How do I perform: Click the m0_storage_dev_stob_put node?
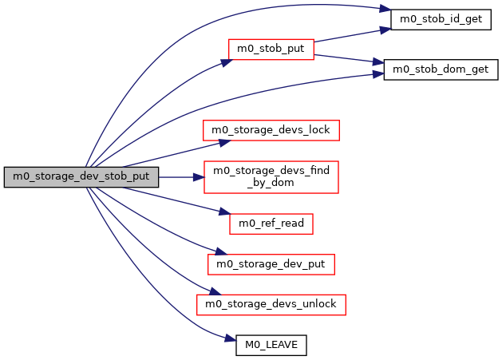(x=81, y=176)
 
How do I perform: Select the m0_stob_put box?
(x=271, y=48)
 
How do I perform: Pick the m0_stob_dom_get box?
(x=441, y=69)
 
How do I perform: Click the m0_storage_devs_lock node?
(x=271, y=129)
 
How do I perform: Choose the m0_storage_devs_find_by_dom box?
(x=271, y=176)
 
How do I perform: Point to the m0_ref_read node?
(x=271, y=224)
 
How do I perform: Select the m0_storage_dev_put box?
(x=271, y=263)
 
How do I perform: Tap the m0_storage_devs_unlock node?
(x=271, y=303)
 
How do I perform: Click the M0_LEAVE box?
(x=271, y=345)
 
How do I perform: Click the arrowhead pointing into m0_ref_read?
(x=224, y=211)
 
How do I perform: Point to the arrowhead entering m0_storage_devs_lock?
(x=226, y=140)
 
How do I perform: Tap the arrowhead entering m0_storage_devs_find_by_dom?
(x=199, y=176)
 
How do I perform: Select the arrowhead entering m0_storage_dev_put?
(x=212, y=252)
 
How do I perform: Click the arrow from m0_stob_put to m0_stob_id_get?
(x=351, y=34)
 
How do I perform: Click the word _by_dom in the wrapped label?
(x=271, y=183)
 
